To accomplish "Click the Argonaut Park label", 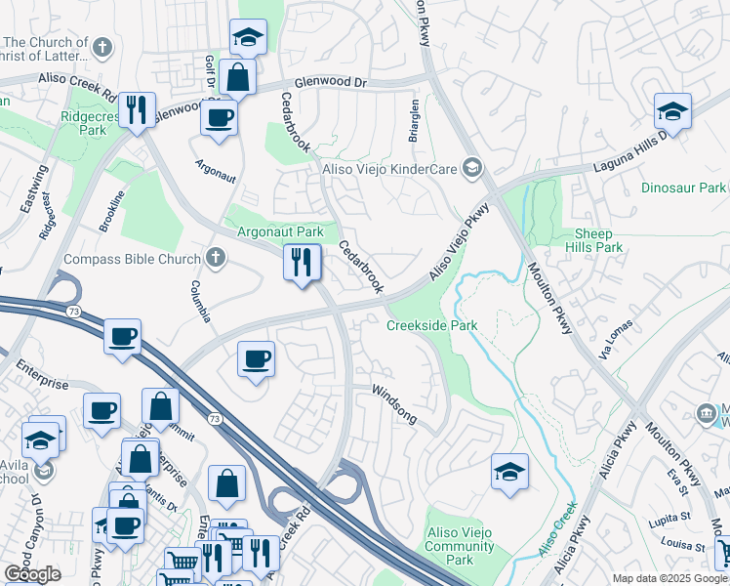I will pyautogui.click(x=280, y=232).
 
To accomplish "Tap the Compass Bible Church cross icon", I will pyautogui.click(x=216, y=259).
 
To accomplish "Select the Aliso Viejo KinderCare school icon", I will pyautogui.click(x=472, y=169).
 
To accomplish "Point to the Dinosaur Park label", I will pyautogui.click(x=683, y=187).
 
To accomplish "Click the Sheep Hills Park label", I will pyautogui.click(x=593, y=240).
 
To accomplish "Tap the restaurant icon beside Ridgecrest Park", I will pyautogui.click(x=138, y=108).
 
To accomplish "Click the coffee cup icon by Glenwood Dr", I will pyautogui.click(x=219, y=118).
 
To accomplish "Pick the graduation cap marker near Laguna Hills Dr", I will pyautogui.click(x=672, y=111).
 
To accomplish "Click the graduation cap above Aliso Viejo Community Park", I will pyautogui.click(x=509, y=472).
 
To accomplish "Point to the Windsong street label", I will pyautogui.click(x=395, y=403).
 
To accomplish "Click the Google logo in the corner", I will pyautogui.click(x=32, y=574).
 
